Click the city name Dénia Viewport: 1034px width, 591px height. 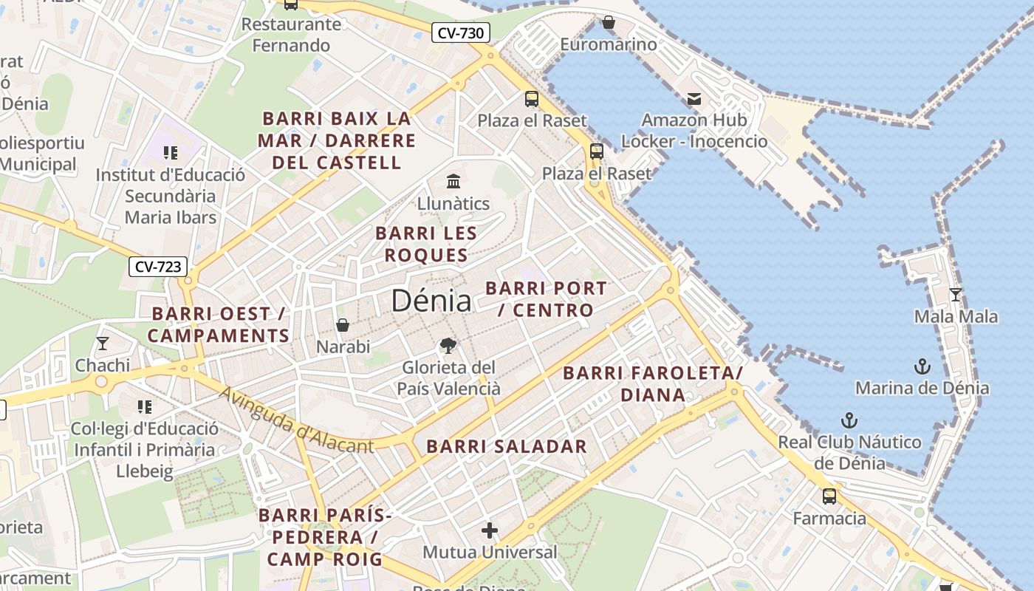[x=431, y=301]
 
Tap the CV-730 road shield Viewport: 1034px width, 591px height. [x=461, y=33]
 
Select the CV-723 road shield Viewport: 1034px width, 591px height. [x=158, y=267]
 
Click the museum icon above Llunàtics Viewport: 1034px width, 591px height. [x=453, y=181]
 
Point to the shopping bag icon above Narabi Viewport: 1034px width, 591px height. [x=343, y=325]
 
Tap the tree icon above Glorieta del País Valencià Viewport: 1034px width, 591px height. [x=447, y=345]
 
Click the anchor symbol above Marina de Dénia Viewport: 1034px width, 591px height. [x=922, y=366]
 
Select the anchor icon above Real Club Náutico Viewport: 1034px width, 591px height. [x=849, y=420]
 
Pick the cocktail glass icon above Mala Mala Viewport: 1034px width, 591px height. [x=956, y=295]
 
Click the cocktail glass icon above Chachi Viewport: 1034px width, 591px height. [x=102, y=344]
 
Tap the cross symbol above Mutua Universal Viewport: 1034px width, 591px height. [x=490, y=530]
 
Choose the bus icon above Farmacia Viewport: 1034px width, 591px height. [x=829, y=496]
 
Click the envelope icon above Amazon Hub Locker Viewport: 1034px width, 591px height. [x=694, y=98]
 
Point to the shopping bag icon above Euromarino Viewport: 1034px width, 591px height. [x=609, y=23]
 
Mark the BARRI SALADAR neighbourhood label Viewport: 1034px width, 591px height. [x=507, y=446]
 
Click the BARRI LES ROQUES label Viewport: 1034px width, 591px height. [x=426, y=244]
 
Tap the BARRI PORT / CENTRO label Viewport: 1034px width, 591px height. [x=547, y=298]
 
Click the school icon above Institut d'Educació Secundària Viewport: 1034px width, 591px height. [x=171, y=153]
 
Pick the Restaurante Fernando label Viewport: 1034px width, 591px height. [x=291, y=35]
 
